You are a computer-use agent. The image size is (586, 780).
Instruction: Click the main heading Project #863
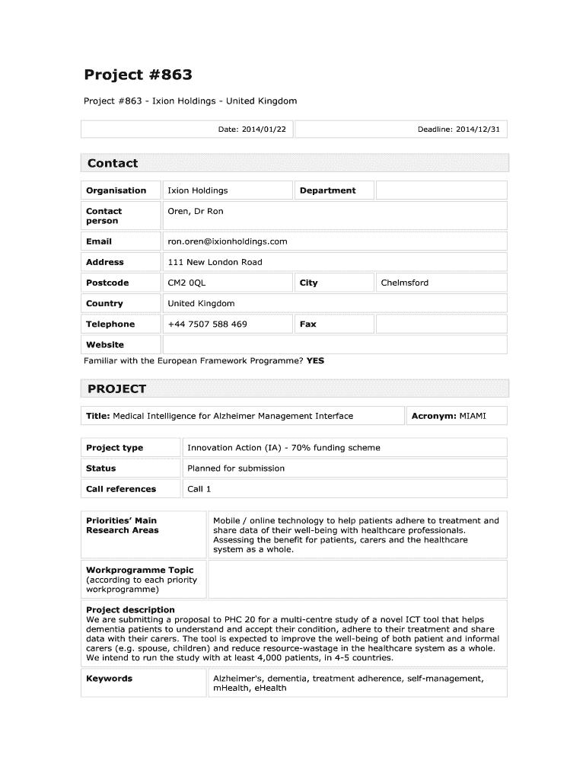[138, 75]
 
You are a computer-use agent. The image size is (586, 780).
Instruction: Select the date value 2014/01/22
[264, 129]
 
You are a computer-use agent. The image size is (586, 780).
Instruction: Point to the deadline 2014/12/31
[478, 129]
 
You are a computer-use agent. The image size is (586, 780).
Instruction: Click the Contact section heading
[113, 163]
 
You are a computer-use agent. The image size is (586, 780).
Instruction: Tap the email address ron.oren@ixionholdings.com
[228, 241]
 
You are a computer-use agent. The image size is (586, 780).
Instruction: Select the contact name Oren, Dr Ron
[196, 211]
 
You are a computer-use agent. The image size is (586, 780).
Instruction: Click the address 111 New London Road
[215, 262]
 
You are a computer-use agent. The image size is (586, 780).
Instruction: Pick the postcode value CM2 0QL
[186, 283]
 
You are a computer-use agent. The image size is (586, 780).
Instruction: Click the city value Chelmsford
[405, 283]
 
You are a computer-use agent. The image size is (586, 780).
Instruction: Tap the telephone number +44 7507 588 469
[207, 324]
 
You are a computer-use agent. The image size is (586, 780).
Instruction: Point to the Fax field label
[307, 324]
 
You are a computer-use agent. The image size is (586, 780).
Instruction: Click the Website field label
[105, 344]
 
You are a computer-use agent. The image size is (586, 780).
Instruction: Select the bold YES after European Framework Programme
[315, 361]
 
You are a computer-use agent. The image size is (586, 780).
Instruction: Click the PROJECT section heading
[116, 389]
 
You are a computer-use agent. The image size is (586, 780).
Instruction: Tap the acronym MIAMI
[473, 416]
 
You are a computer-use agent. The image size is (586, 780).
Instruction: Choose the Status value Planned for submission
[236, 468]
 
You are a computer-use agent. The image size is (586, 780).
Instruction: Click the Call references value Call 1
[199, 489]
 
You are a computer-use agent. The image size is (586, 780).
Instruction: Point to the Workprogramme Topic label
[140, 570]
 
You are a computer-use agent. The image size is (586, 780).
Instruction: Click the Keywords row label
[110, 679]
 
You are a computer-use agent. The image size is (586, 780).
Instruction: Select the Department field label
[327, 190]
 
